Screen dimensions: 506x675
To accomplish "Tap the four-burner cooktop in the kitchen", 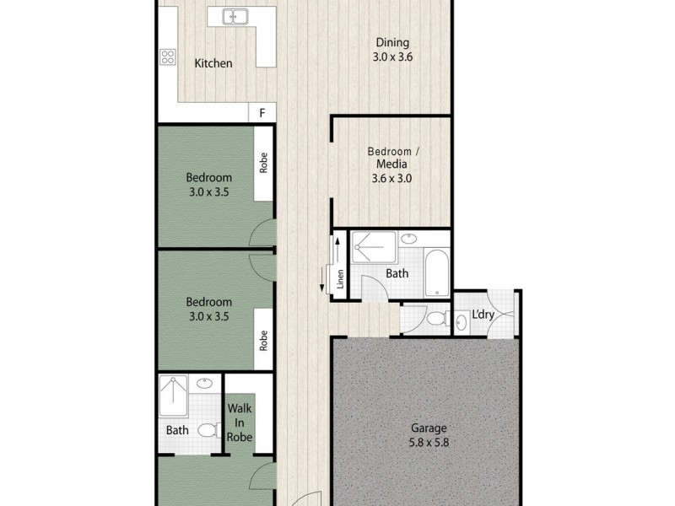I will pyautogui.click(x=167, y=57).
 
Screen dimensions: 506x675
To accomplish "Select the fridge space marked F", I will pyautogui.click(x=262, y=113).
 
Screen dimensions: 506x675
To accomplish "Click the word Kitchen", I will pyautogui.click(x=213, y=63).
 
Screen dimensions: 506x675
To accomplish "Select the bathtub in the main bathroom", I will pyautogui.click(x=436, y=272).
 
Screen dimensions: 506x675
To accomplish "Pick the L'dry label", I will pyautogui.click(x=482, y=315).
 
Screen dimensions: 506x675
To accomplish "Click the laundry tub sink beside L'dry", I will pyautogui.click(x=461, y=321).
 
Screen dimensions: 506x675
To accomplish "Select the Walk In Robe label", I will pyautogui.click(x=240, y=423).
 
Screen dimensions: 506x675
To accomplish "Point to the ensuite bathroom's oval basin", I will pyautogui.click(x=205, y=384).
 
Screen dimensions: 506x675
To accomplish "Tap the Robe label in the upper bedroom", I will pyautogui.click(x=263, y=163).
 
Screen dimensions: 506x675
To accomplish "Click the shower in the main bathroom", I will pyautogui.click(x=372, y=247).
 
